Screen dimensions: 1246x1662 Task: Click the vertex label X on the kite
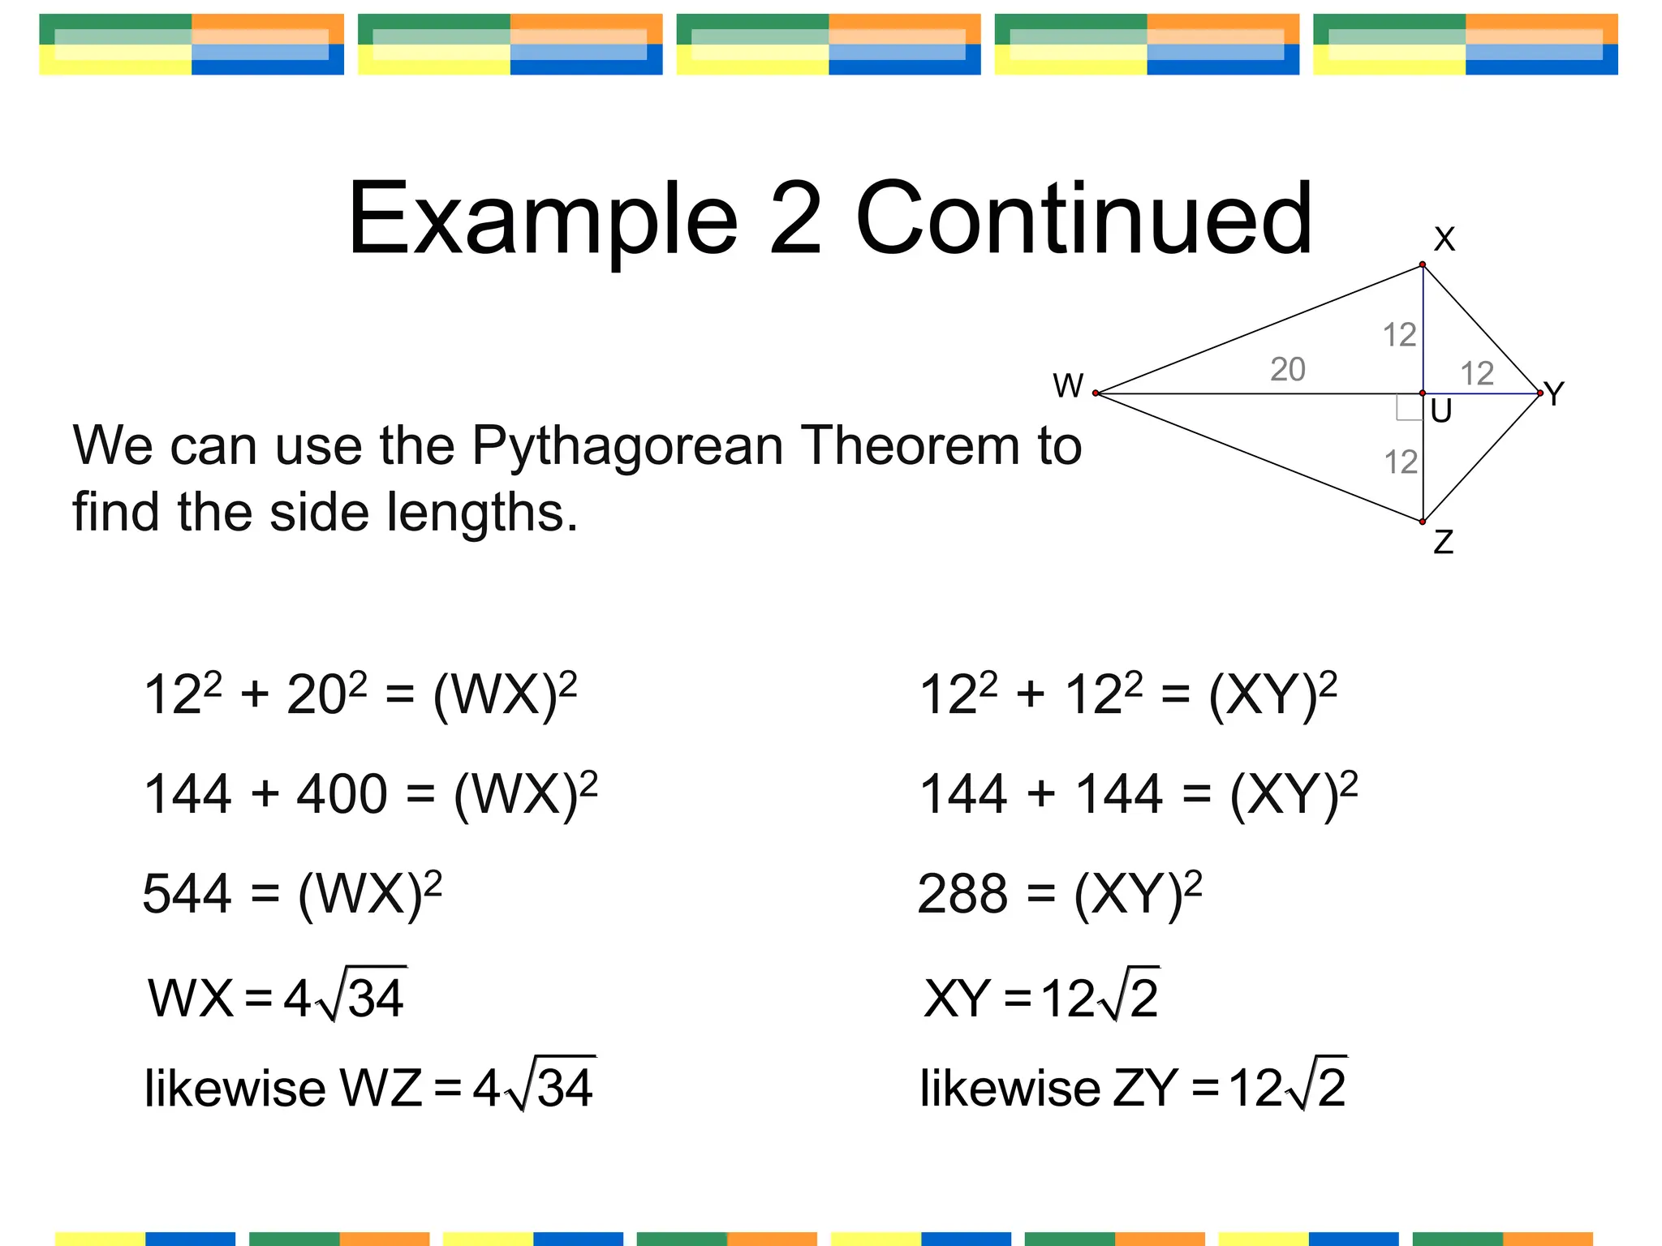pyautogui.click(x=1445, y=239)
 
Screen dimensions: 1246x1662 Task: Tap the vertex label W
pyautogui.click(x=1068, y=385)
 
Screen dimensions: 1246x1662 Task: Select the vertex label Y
pyautogui.click(x=1554, y=394)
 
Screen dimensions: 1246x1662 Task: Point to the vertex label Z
pyautogui.click(x=1444, y=542)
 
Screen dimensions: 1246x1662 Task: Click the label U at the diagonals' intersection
pyautogui.click(x=1441, y=412)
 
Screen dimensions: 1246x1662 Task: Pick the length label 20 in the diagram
pyautogui.click(x=1288, y=369)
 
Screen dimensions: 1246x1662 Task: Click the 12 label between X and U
pyautogui.click(x=1399, y=334)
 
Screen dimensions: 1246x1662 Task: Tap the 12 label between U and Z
pyautogui.click(x=1401, y=462)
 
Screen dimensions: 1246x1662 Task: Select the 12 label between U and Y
pyautogui.click(x=1477, y=373)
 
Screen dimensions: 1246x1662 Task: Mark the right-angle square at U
pyautogui.click(x=1409, y=408)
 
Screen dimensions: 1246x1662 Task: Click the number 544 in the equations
pyautogui.click(x=187, y=894)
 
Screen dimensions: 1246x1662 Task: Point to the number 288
pyautogui.click(x=962, y=894)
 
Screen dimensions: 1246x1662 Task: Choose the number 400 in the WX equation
pyautogui.click(x=342, y=793)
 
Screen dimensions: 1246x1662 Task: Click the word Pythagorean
pyautogui.click(x=628, y=446)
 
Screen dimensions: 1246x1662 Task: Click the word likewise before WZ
pyautogui.click(x=235, y=1088)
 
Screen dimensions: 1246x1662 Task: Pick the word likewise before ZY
pyautogui.click(x=1010, y=1088)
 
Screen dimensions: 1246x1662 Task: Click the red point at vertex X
pyautogui.click(x=1423, y=264)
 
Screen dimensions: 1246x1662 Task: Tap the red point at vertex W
pyautogui.click(x=1096, y=393)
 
